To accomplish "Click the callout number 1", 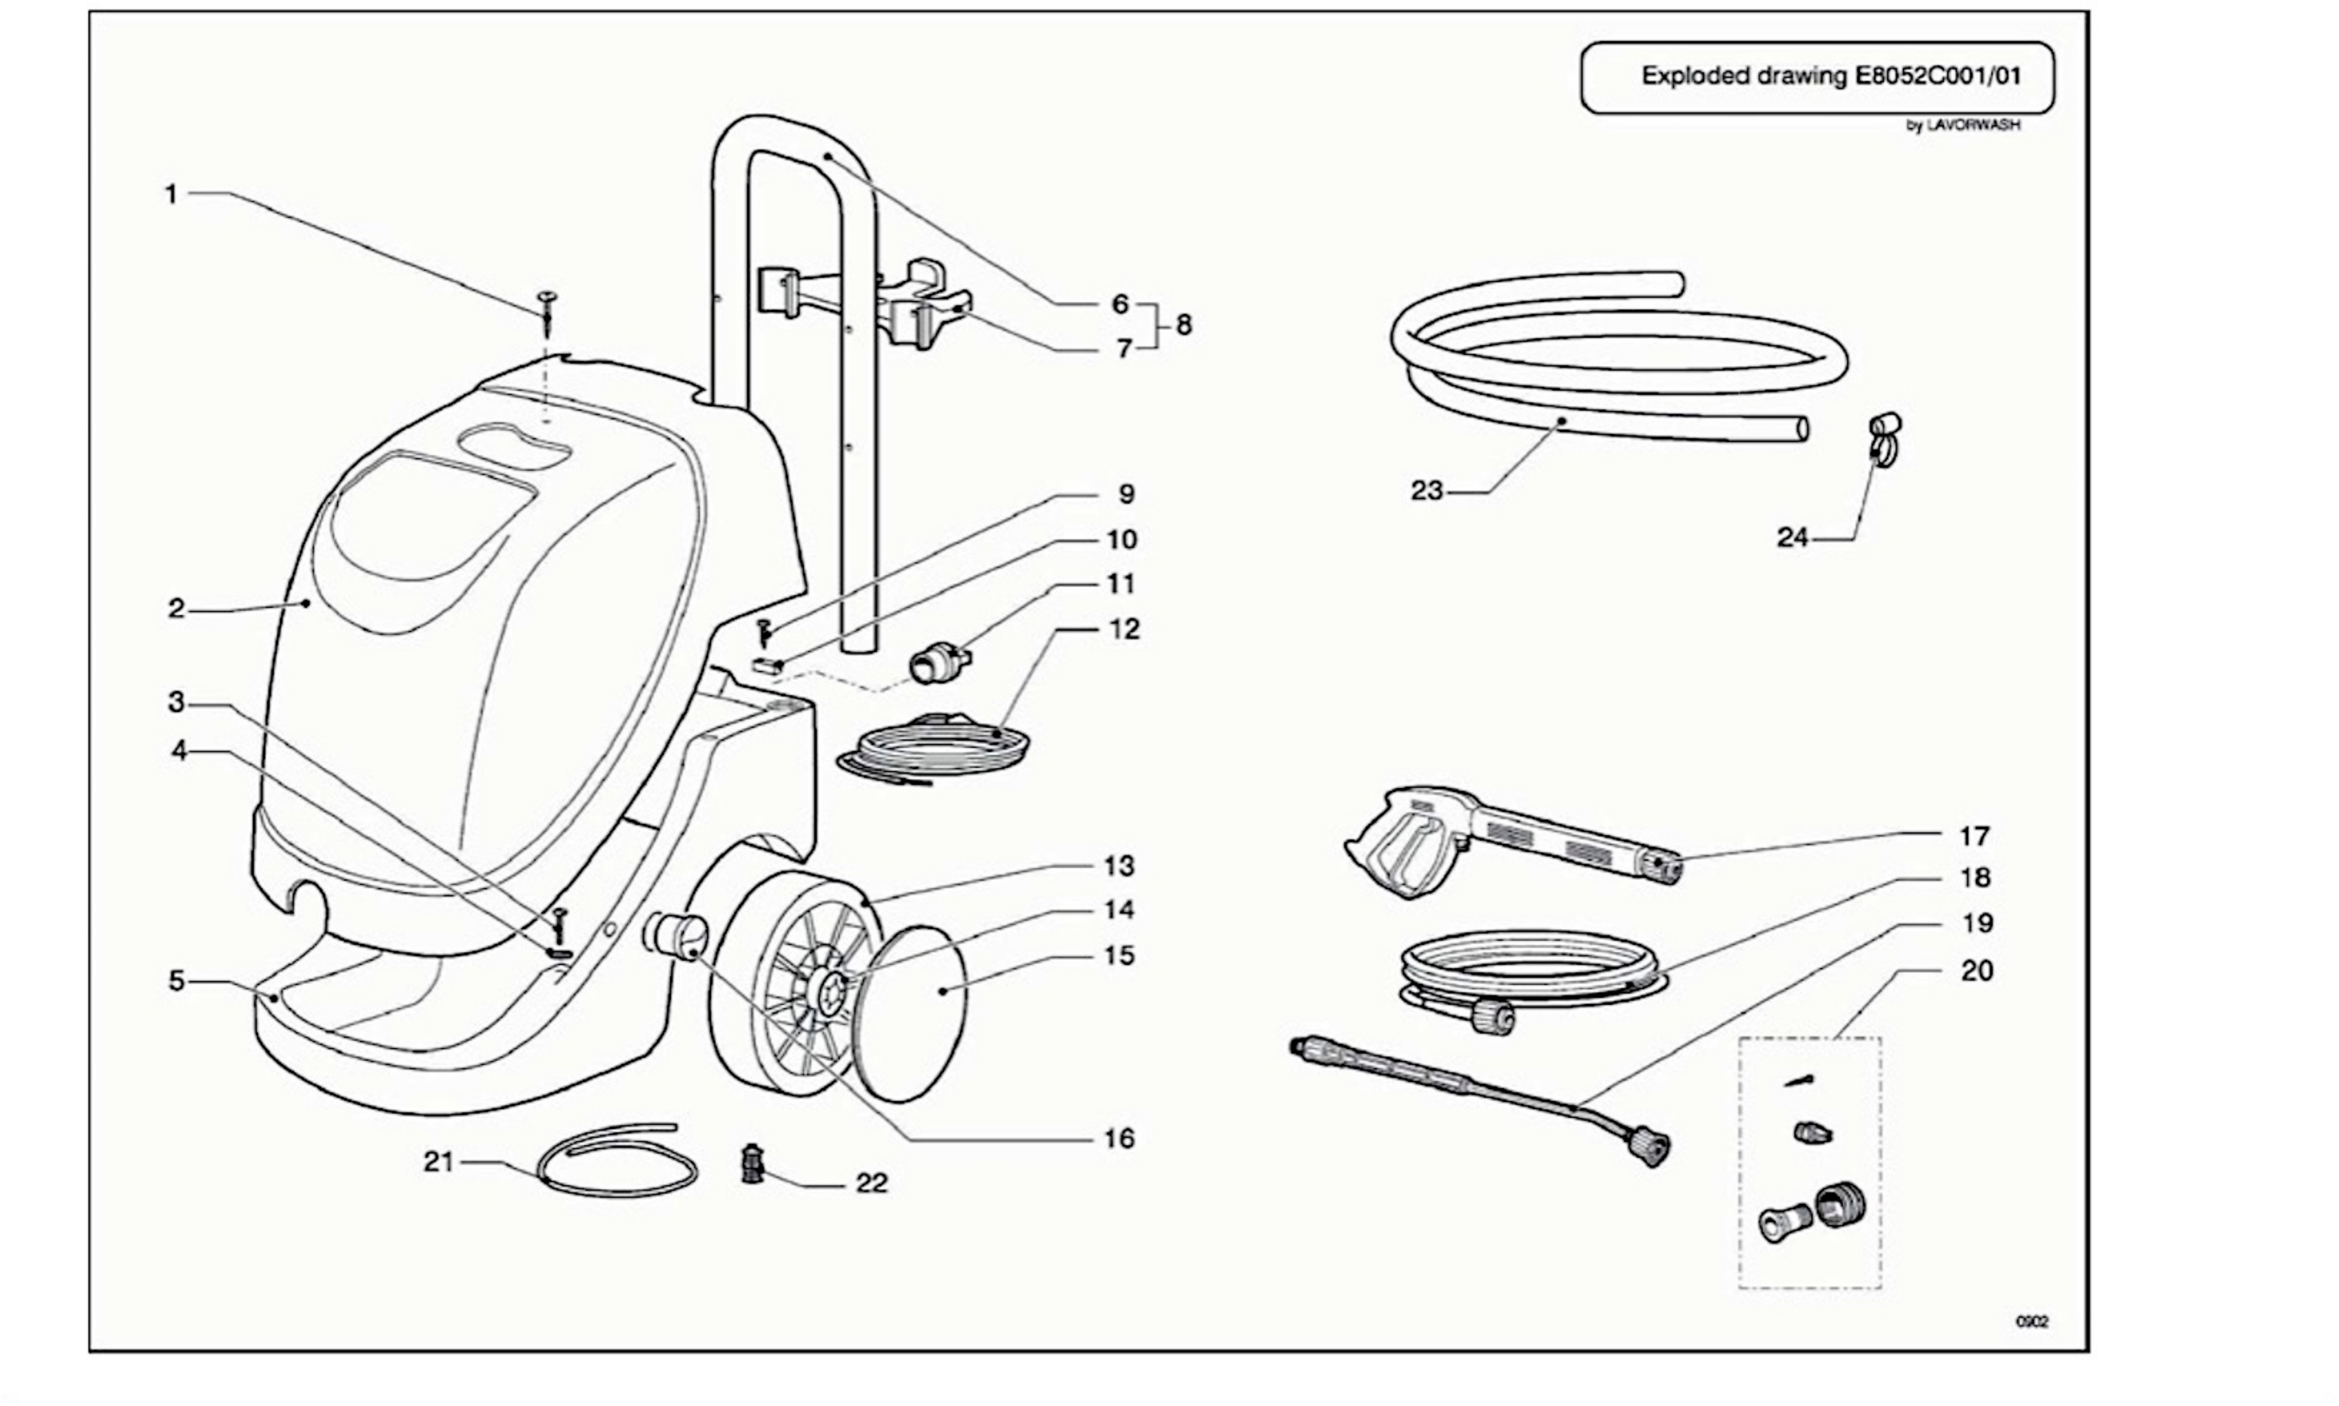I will click(x=171, y=194).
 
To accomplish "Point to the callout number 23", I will click(x=1427, y=491).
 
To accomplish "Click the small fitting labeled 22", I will click(x=752, y=1163).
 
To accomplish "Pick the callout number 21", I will click(x=439, y=1162).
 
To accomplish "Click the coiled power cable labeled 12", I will click(x=934, y=749).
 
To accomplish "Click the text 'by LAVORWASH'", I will click(x=1963, y=125).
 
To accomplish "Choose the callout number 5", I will click(x=176, y=981).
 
